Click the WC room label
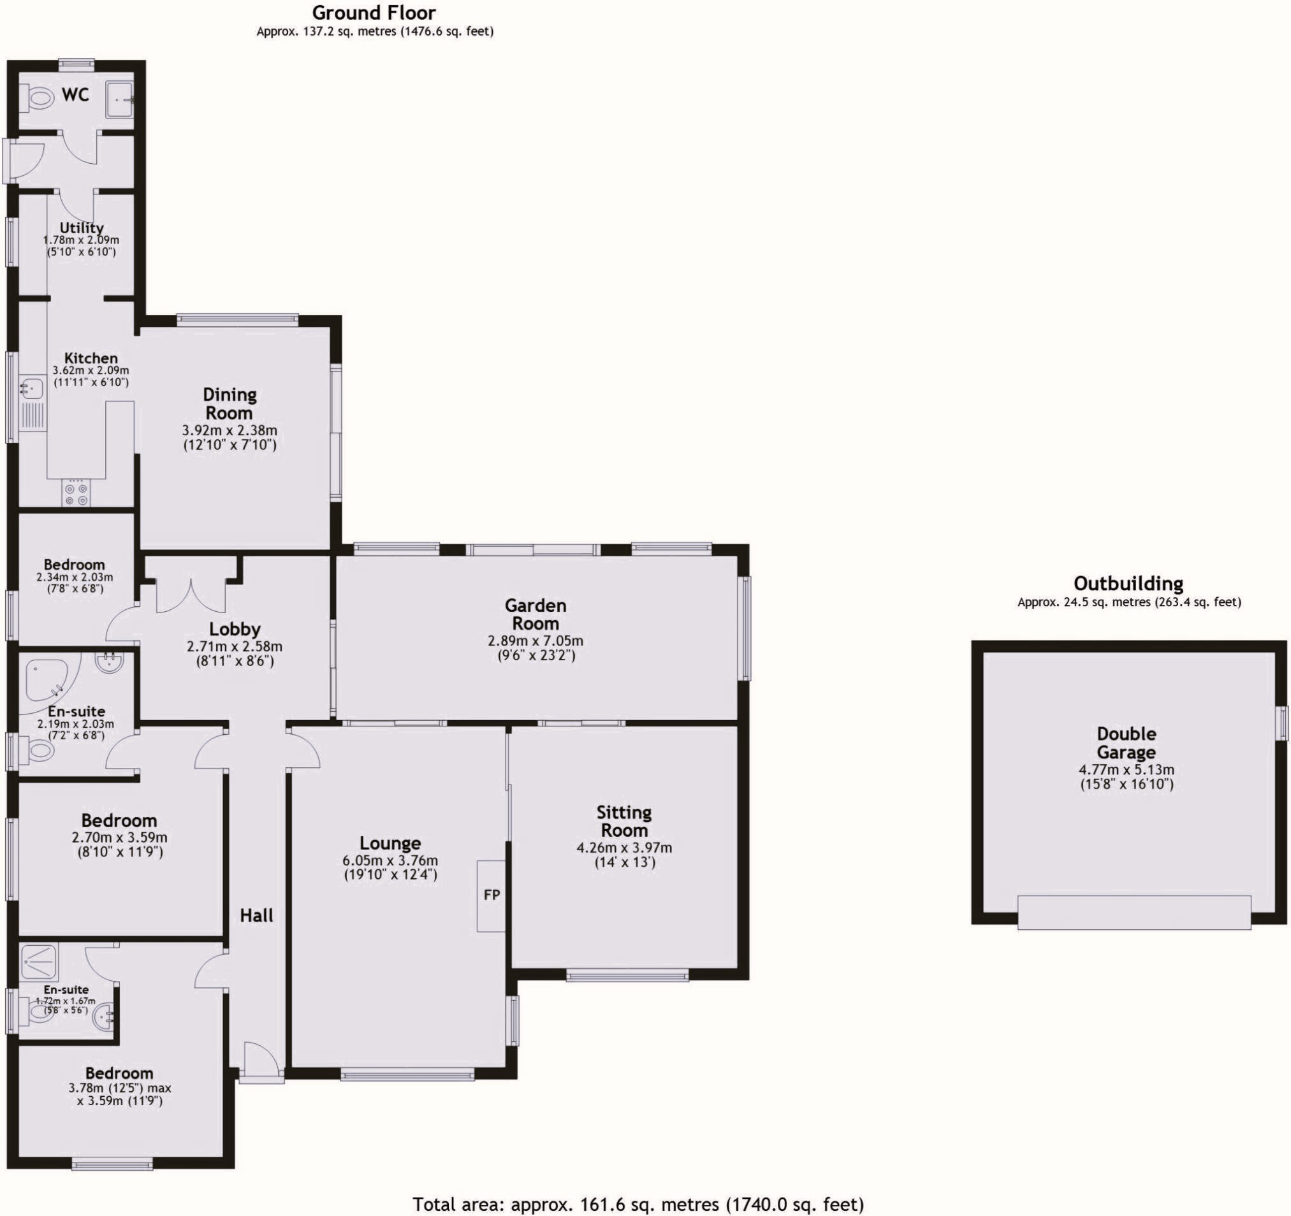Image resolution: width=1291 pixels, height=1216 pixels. pyautogui.click(x=75, y=95)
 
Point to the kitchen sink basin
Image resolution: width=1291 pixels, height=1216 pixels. pyautogui.click(x=31, y=388)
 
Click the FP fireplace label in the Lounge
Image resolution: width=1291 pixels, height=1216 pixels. pyautogui.click(x=492, y=895)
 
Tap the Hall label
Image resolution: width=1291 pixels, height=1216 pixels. pyautogui.click(x=256, y=915)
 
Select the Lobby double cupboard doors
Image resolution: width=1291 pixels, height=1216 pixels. pyautogui.click(x=191, y=595)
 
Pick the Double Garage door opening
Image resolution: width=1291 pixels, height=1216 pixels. pyautogui.click(x=1134, y=912)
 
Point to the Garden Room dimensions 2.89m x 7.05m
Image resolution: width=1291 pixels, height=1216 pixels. pyautogui.click(x=535, y=641)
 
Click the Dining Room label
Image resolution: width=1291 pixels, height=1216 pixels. pyautogui.click(x=230, y=404)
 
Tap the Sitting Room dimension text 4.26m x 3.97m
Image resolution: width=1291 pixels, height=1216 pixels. pyautogui.click(x=624, y=847)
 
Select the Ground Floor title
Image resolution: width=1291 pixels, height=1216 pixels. pyautogui.click(x=374, y=12)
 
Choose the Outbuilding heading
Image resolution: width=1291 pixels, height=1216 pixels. pyautogui.click(x=1128, y=583)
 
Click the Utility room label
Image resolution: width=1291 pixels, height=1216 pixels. pyautogui.click(x=81, y=228)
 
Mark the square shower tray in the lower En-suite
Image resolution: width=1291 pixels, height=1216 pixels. pyautogui.click(x=40, y=962)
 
